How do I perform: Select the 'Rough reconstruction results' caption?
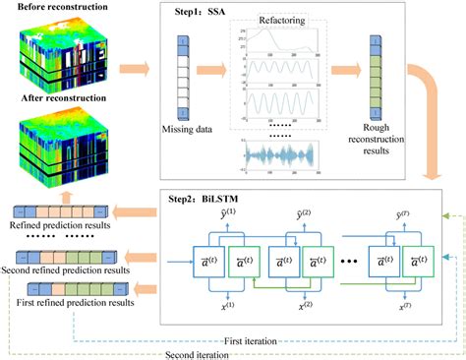[374, 151]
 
